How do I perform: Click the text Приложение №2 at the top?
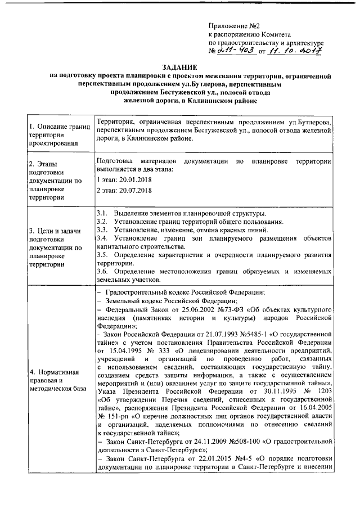tap(233, 26)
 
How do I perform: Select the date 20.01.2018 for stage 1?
tap(133, 179)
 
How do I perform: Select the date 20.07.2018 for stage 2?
tap(133, 191)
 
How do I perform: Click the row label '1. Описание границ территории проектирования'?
tap(59, 134)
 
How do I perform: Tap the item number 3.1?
tap(102, 214)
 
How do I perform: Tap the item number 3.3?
tap(102, 231)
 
